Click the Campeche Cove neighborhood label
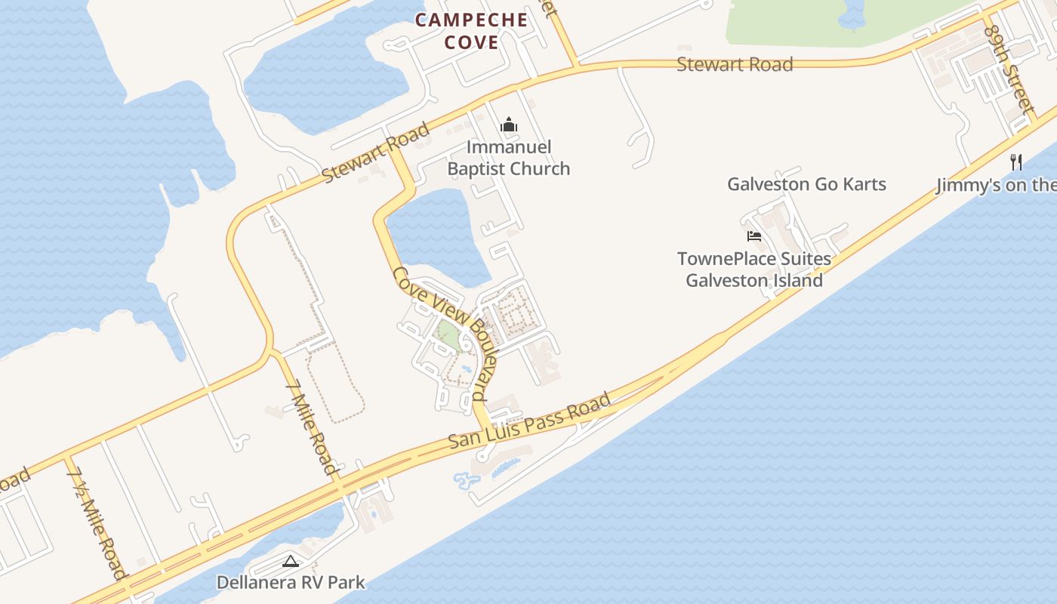point(472,31)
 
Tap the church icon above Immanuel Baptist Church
point(509,125)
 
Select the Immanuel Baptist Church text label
point(509,158)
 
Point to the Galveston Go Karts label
point(806,184)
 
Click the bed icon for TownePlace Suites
point(753,236)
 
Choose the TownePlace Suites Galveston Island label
point(754,270)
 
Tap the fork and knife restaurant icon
point(1016,162)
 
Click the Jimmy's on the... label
point(996,185)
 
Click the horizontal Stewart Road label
point(735,64)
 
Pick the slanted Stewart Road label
point(375,152)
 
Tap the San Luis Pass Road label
point(529,421)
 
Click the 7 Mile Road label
point(311,427)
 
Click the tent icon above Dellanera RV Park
point(291,561)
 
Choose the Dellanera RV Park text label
point(291,582)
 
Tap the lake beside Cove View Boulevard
point(434,234)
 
